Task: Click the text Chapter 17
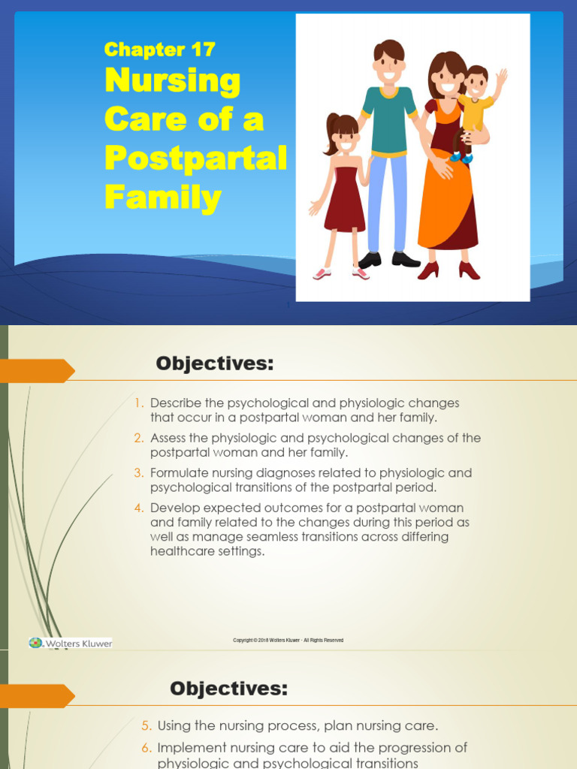159,50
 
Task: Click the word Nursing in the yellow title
173,81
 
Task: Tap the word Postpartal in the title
195,158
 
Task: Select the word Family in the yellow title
163,198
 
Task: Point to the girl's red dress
345,200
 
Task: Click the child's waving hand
501,76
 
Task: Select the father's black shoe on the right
406,260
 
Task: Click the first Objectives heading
215,364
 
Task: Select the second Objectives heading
228,689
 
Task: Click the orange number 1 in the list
139,403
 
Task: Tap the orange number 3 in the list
139,473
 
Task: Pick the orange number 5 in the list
146,726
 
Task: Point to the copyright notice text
288,640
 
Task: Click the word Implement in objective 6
190,748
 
